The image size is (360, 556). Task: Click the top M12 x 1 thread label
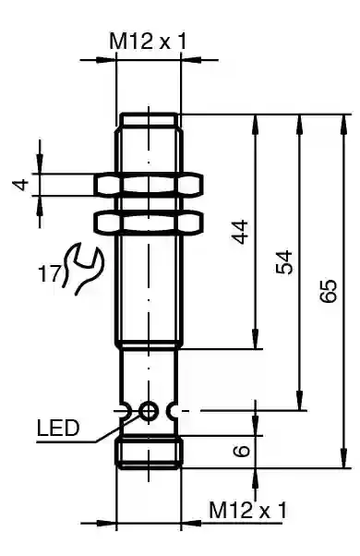[x=148, y=42]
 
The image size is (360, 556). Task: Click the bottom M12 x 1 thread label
[x=247, y=510]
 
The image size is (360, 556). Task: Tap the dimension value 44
[x=241, y=232]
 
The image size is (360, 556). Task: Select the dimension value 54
[x=284, y=262]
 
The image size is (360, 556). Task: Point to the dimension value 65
[x=328, y=291]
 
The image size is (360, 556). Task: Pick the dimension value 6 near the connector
[x=242, y=451]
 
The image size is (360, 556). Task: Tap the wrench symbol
[x=82, y=268]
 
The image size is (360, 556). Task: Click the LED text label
[x=58, y=428]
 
